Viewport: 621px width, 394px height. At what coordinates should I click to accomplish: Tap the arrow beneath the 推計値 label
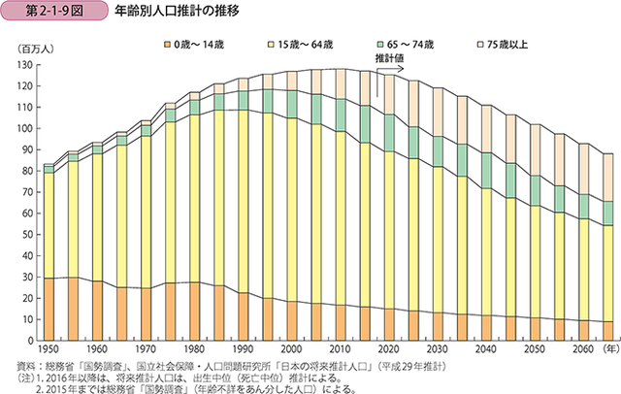click(390, 70)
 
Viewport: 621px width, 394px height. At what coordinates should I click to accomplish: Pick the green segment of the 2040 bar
click(482, 176)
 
